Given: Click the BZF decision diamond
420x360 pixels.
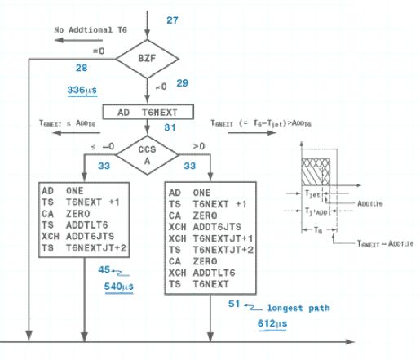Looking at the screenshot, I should pos(147,58).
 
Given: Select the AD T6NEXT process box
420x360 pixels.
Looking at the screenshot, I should pos(146,111).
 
